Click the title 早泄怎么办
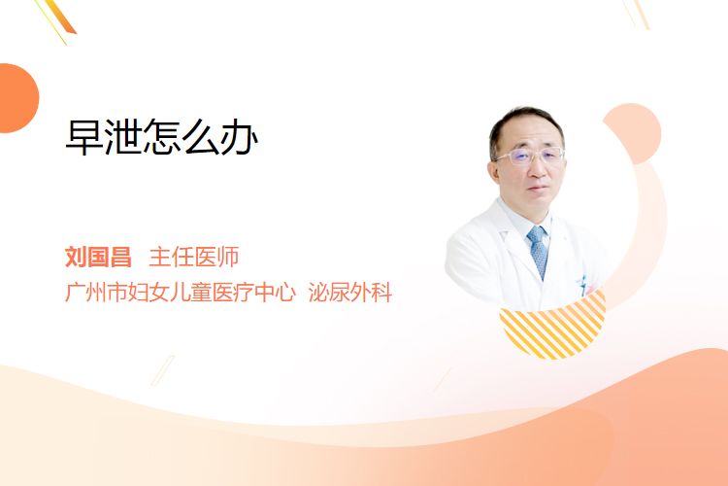pyautogui.click(x=161, y=137)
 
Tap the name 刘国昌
pyautogui.click(x=98, y=257)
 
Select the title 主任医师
pyautogui.click(x=194, y=257)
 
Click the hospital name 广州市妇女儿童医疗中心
pyautogui.click(x=181, y=292)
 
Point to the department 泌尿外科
pyautogui.click(x=350, y=292)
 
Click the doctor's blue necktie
pyautogui.click(x=538, y=252)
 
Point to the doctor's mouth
pyautogui.click(x=539, y=189)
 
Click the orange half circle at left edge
pyautogui.click(x=17, y=98)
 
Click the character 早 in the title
pyautogui.click(x=84, y=137)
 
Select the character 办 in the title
pyautogui.click(x=239, y=137)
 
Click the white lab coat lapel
pyautogui.click(x=516, y=242)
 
